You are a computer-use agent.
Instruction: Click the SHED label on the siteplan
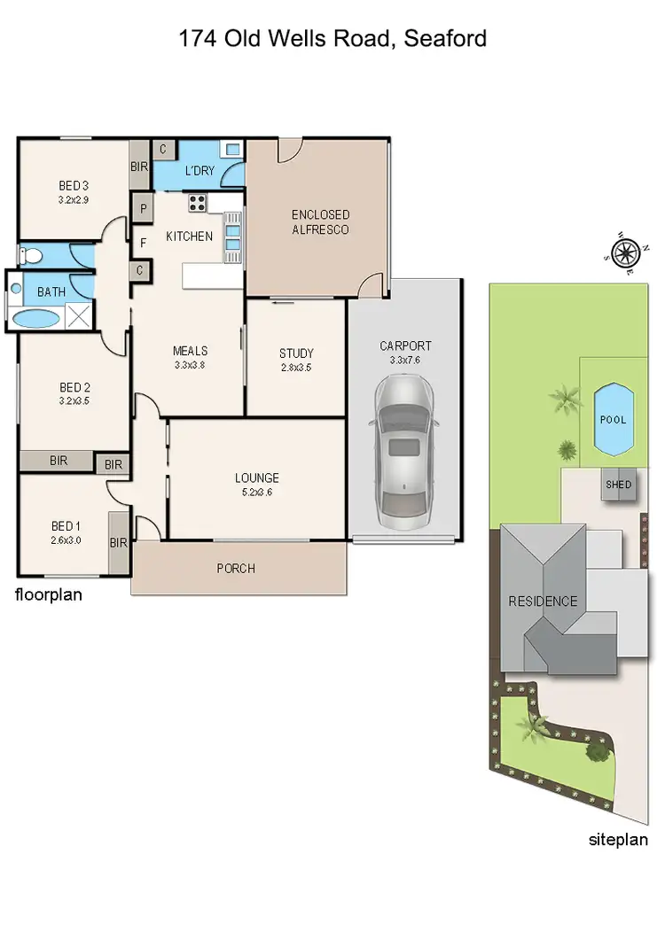point(618,485)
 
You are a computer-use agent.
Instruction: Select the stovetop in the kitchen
point(197,203)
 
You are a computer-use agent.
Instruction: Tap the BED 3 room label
point(74,186)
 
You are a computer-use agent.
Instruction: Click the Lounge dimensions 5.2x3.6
point(257,493)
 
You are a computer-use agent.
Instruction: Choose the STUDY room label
point(296,353)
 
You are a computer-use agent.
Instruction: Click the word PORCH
point(236,569)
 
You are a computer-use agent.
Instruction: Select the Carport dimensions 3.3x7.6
point(405,361)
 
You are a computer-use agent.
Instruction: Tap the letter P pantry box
point(142,209)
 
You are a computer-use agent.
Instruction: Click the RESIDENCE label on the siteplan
point(543,601)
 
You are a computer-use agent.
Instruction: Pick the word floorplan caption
point(49,595)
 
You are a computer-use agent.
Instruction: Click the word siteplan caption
point(619,840)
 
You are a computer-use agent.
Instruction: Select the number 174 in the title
point(198,39)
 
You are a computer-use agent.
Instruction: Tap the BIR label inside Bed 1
point(119,543)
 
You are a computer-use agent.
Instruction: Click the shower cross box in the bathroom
point(78,316)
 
